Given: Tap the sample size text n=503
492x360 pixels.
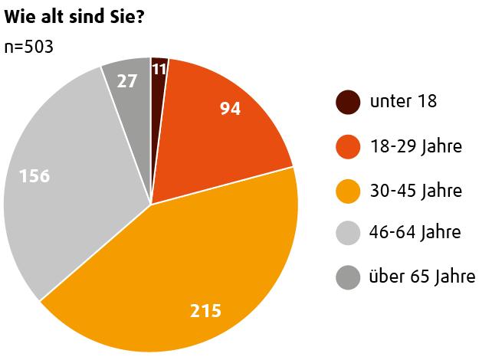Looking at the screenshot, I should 28,47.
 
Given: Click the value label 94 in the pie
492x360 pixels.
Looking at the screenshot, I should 230,110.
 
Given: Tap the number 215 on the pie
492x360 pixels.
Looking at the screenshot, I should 205,311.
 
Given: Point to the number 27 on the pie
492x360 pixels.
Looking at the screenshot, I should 127,80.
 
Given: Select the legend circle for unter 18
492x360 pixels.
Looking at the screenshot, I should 348,102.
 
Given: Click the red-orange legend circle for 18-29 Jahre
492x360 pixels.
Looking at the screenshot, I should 348,146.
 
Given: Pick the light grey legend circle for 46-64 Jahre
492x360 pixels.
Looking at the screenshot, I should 348,233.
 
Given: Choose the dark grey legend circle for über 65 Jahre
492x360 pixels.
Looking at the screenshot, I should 348,277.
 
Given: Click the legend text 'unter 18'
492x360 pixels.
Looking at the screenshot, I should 403,101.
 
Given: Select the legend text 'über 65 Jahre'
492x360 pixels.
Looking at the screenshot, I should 421,277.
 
